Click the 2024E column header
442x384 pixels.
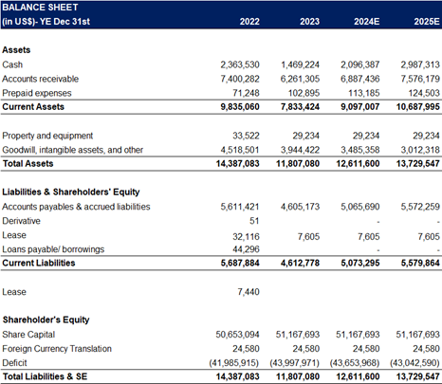pyautogui.click(x=366, y=22)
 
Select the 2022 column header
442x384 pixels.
pyautogui.click(x=249, y=22)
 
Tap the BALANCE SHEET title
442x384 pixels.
pyautogui.click(x=40, y=8)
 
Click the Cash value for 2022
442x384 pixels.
pyautogui.click(x=240, y=64)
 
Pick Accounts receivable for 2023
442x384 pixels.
pyautogui.click(x=300, y=79)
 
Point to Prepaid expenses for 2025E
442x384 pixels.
pyautogui.click(x=424, y=93)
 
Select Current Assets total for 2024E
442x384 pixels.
pyautogui.click(x=359, y=107)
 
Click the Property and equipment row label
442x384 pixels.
pyautogui.click(x=47, y=136)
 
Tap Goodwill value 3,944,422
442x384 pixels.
pyautogui.click(x=300, y=150)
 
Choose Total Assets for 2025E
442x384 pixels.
pyautogui.click(x=417, y=164)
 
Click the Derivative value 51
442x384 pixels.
pyautogui.click(x=254, y=221)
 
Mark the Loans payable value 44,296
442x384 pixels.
pyautogui.click(x=246, y=249)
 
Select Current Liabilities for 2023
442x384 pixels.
pyautogui.click(x=300, y=263)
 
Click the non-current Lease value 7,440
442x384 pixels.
pyautogui.click(x=249, y=292)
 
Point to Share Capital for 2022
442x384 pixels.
pyautogui.click(x=237, y=335)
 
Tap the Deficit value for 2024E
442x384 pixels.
pyautogui.click(x=355, y=363)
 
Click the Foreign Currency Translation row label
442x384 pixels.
pyautogui.click(x=57, y=349)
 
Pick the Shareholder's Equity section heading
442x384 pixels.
pyautogui.click(x=46, y=320)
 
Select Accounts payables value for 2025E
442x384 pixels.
pyautogui.click(x=420, y=207)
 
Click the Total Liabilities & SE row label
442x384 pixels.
pyautogui.click(x=45, y=376)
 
